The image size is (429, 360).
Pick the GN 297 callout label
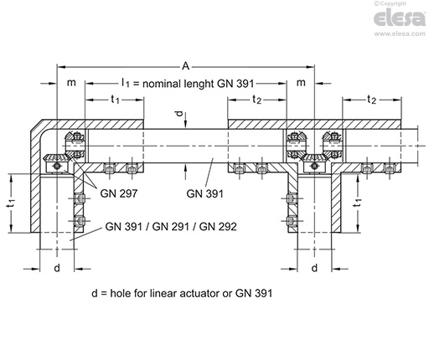click(116, 191)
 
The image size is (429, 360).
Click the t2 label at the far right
click(371, 100)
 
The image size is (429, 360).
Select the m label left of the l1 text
click(72, 83)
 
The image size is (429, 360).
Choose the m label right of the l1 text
click(301, 83)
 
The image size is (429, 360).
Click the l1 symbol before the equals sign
click(125, 84)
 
